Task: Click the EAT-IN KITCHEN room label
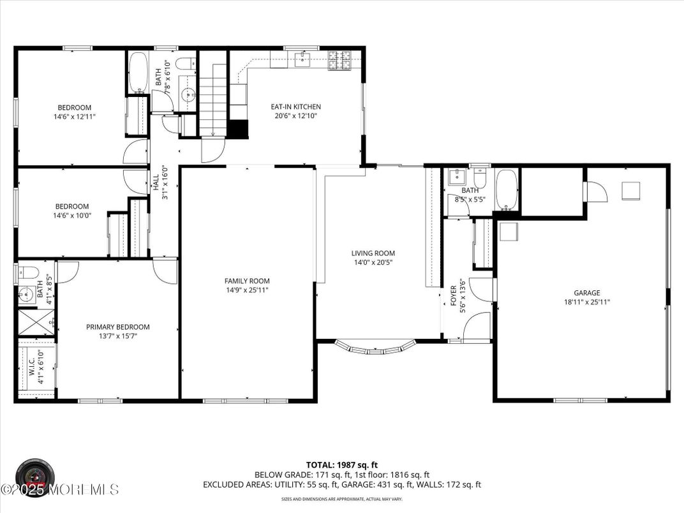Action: tap(297, 107)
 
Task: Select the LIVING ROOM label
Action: tap(373, 253)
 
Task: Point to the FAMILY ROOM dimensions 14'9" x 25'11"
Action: tap(247, 290)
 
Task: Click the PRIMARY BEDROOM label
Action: tap(118, 327)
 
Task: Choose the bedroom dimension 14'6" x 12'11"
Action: tap(75, 117)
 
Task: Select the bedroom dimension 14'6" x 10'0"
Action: tap(73, 216)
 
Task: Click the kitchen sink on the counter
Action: tap(303, 60)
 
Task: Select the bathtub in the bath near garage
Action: tap(507, 190)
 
